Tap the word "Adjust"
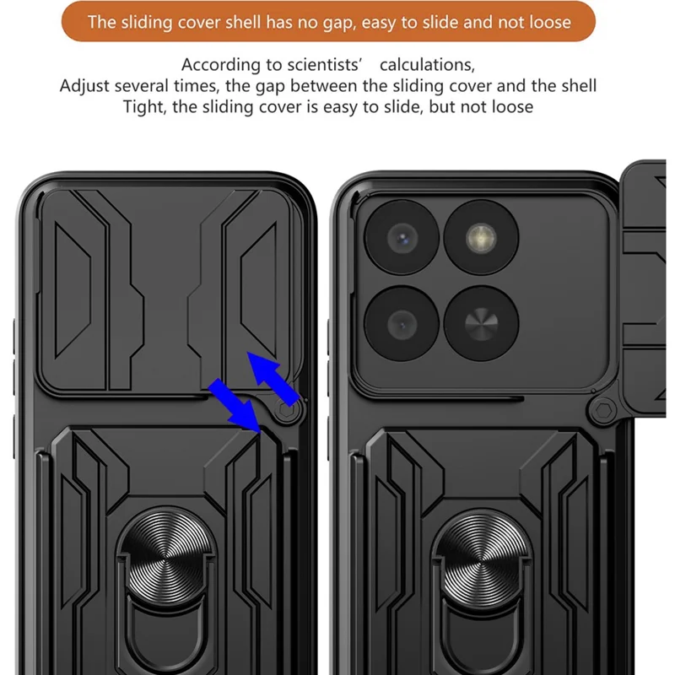84,86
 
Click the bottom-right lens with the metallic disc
481,322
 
